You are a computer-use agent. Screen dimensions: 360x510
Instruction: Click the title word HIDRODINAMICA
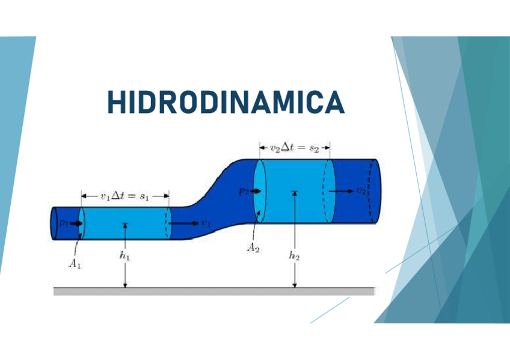click(x=226, y=102)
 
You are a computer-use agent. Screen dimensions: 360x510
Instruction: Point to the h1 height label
click(x=125, y=256)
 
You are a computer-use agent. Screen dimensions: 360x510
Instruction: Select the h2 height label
click(x=294, y=256)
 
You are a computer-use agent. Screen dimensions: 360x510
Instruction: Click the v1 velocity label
click(x=206, y=223)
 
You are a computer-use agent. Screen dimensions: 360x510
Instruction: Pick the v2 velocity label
click(x=360, y=191)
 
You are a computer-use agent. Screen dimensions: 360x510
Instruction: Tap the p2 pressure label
click(x=243, y=191)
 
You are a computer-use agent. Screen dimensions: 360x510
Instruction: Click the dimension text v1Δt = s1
click(x=125, y=195)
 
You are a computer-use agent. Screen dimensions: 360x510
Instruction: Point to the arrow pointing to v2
click(x=342, y=191)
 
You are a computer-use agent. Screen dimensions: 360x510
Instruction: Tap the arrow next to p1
click(x=76, y=223)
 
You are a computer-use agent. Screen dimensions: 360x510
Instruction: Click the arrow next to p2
click(x=256, y=192)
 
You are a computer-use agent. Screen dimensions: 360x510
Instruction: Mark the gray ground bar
click(x=214, y=291)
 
